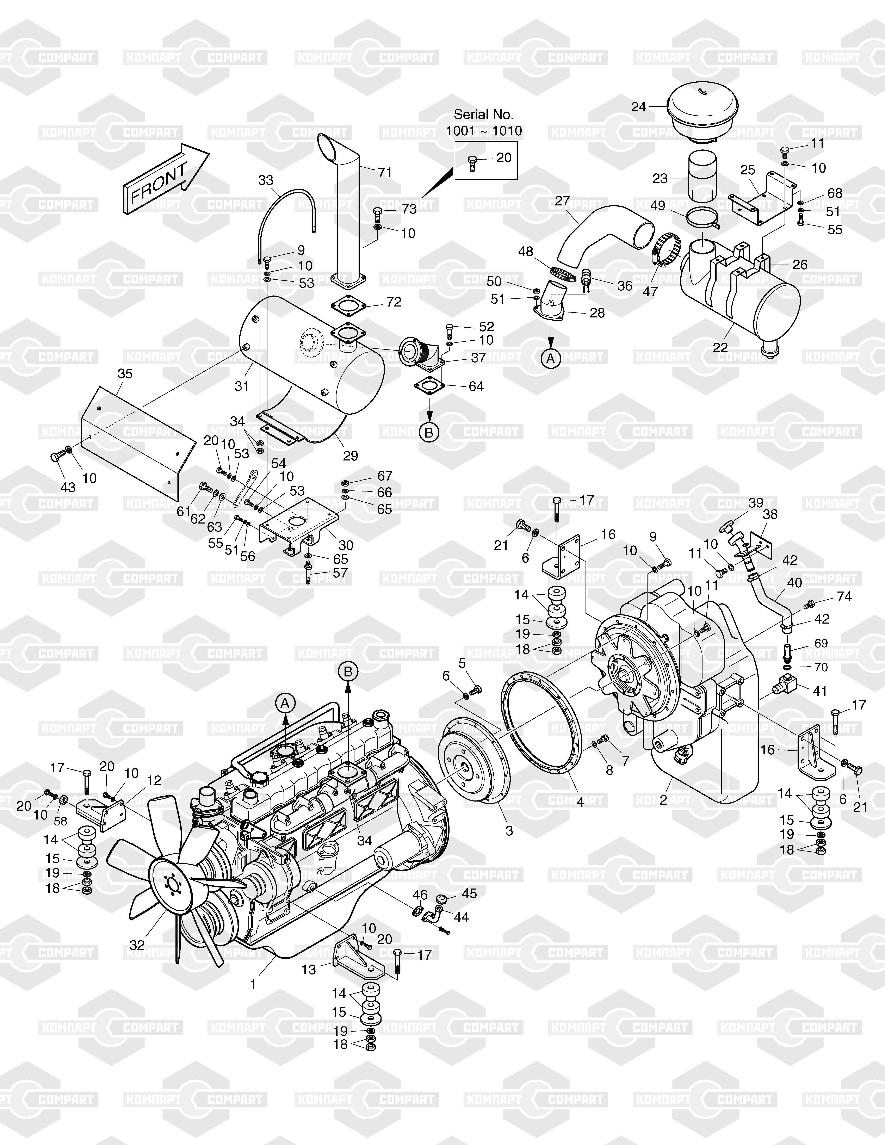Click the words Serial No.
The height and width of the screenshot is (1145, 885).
pos(483,114)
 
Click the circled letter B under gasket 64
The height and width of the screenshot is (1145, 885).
pos(429,433)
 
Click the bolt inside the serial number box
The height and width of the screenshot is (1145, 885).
pos(472,162)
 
